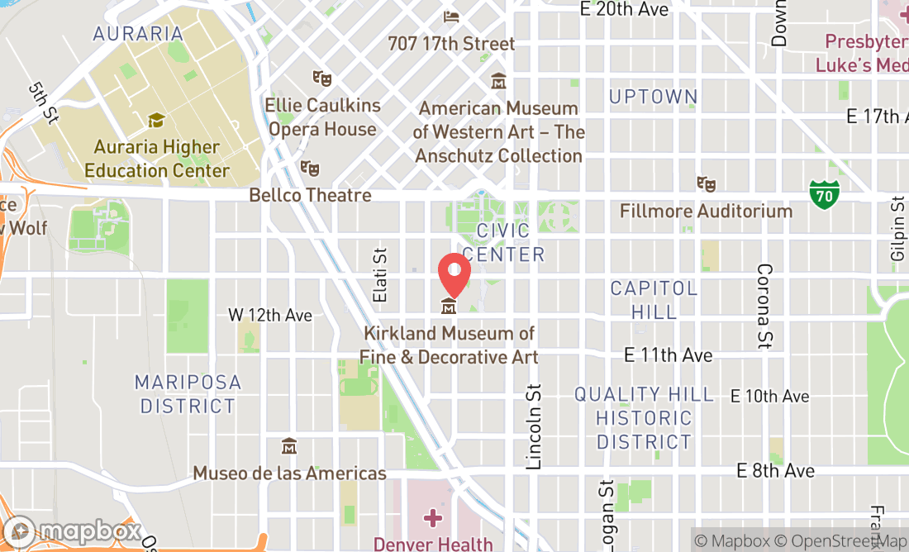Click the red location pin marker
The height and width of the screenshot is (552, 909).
pyautogui.click(x=454, y=272)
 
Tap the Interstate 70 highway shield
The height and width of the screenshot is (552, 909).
pyautogui.click(x=824, y=193)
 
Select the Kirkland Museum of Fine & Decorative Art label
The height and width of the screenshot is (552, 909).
pyautogui.click(x=448, y=345)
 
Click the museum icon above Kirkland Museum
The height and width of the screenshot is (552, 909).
pyautogui.click(x=449, y=307)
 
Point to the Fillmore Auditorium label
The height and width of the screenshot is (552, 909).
pyautogui.click(x=707, y=211)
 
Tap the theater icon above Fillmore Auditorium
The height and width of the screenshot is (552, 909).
pyautogui.click(x=705, y=184)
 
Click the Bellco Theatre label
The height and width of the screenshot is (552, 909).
pyautogui.click(x=311, y=196)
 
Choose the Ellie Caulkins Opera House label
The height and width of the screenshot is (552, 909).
pyautogui.click(x=323, y=117)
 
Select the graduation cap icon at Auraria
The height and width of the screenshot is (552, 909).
pyautogui.click(x=155, y=121)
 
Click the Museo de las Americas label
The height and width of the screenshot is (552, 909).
pyautogui.click(x=289, y=473)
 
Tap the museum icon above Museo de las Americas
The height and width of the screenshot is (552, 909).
pyautogui.click(x=288, y=446)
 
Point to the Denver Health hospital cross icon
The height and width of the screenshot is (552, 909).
pyautogui.click(x=432, y=519)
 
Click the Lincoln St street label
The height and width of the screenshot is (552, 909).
pyautogui.click(x=534, y=426)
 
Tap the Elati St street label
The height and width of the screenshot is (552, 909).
pyautogui.click(x=380, y=277)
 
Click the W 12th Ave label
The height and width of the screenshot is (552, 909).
pyautogui.click(x=270, y=316)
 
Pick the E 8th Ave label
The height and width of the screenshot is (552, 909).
pyautogui.click(x=776, y=470)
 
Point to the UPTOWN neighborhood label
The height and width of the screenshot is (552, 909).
pyautogui.click(x=653, y=97)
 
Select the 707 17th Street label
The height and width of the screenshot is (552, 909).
pyautogui.click(x=451, y=43)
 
